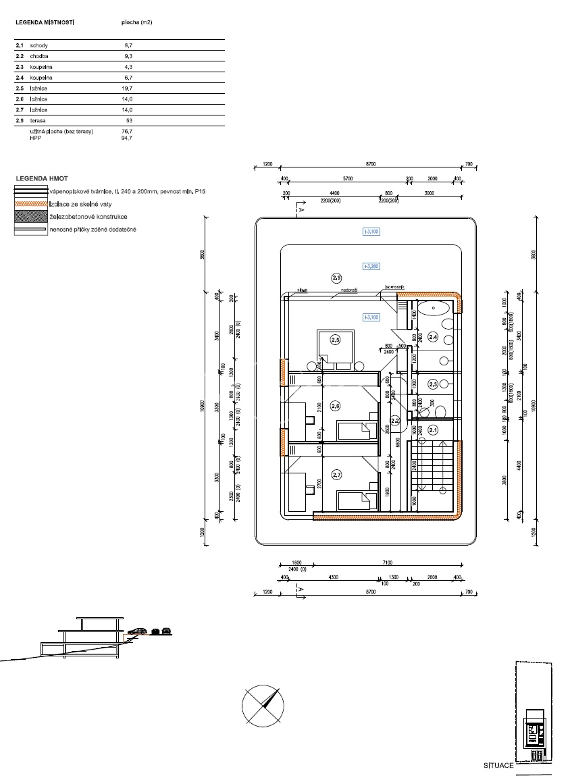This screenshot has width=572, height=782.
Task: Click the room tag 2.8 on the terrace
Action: (336, 278)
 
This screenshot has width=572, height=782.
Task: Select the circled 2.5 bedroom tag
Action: (335, 340)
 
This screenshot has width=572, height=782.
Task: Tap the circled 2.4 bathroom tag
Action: (434, 337)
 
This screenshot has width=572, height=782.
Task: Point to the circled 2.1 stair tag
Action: (434, 429)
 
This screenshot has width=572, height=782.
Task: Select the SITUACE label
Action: (498, 766)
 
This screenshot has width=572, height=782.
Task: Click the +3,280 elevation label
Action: (371, 266)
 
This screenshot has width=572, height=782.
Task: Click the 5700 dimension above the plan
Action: (347, 179)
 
